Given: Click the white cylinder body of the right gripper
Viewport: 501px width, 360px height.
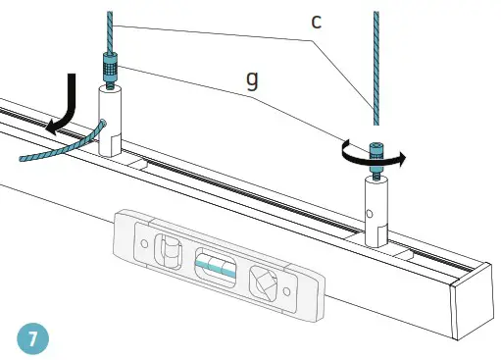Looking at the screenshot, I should point(377,210).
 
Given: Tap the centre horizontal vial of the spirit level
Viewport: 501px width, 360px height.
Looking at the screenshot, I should point(213,264).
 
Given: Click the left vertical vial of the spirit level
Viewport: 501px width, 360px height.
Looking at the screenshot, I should point(169,249).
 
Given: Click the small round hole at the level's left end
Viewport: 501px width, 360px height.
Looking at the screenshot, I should point(144,239).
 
